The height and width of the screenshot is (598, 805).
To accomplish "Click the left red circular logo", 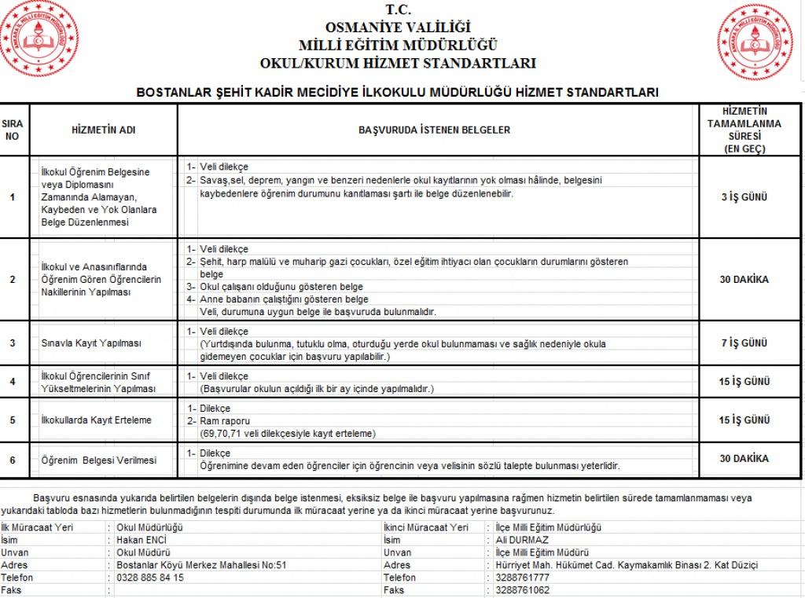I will coord(39,39).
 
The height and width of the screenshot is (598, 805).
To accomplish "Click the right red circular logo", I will coord(755,42).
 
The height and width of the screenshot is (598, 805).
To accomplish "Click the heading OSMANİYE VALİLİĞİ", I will coord(398,28).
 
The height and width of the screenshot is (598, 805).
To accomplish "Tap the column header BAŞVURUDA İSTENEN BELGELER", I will coord(434,130).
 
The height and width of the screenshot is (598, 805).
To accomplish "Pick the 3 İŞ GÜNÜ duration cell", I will coord(744,196).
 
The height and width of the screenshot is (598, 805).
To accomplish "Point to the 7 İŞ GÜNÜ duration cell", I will coord(744,343).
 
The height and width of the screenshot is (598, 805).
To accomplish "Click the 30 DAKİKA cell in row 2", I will coord(744,279).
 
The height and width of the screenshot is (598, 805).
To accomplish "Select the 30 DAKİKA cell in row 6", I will coord(744,458).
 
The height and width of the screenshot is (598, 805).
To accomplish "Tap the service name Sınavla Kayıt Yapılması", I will coord(92,343).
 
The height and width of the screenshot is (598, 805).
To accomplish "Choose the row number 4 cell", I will coord(13,382).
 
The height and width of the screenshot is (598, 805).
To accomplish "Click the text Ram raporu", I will coord(225,421).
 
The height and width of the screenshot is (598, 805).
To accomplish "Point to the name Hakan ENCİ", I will coord(142,540).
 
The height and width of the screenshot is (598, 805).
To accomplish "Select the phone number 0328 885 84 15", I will coord(150,577).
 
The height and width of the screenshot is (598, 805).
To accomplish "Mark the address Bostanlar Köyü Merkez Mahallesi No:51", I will coord(201,564).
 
